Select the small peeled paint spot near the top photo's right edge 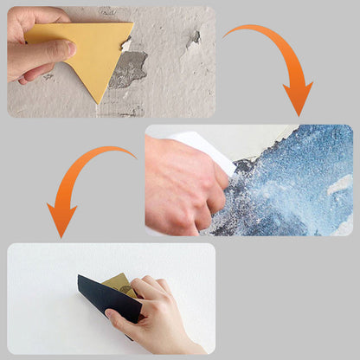pyautogui.click(x=193, y=38)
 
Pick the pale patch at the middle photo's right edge pyautogui.click(x=342, y=186)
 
